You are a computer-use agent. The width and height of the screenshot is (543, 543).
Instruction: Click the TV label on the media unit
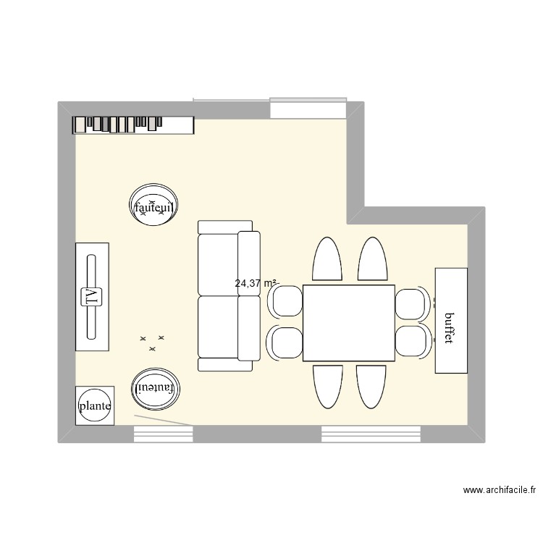pyautogui.click(x=92, y=297)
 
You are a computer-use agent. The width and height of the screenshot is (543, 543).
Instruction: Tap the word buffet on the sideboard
pyautogui.click(x=450, y=328)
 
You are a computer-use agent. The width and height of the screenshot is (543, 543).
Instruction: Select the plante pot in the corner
pyautogui.click(x=95, y=406)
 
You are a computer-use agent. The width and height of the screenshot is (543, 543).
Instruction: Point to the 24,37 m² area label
pyautogui.click(x=256, y=284)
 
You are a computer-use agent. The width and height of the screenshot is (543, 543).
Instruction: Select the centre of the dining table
pyautogui.click(x=349, y=324)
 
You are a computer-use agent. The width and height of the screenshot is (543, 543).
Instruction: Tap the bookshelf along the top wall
pyautogui.click(x=133, y=125)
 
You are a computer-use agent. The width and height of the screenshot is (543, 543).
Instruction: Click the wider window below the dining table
pyautogui.click(x=371, y=434)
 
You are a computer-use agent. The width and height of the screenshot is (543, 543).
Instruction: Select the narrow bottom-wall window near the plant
pyautogui.click(x=163, y=434)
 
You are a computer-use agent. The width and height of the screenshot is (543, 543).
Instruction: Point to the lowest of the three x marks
pyautogui.click(x=152, y=349)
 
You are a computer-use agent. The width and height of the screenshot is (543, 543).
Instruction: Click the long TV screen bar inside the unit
pyautogui.click(x=92, y=297)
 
